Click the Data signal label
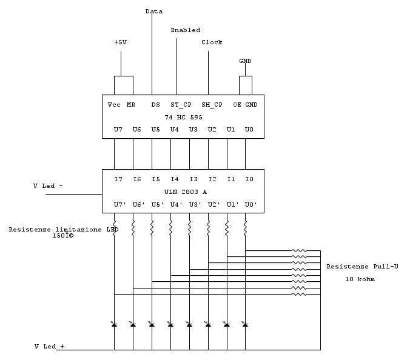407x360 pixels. point(154,11)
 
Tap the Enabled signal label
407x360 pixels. point(185,30)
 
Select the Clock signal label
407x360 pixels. point(212,42)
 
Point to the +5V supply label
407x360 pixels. point(121,42)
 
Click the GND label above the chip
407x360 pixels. point(245,61)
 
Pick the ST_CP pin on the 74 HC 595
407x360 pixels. point(181,104)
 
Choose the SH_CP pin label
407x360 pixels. point(212,104)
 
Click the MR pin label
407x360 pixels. point(130,104)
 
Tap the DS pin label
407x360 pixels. point(155,104)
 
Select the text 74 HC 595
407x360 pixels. point(183,117)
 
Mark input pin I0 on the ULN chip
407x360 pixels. point(249,179)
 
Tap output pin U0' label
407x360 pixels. point(251,205)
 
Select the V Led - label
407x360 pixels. point(48,186)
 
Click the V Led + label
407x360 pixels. point(49,346)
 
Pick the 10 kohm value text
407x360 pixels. point(360,279)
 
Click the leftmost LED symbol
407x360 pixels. point(114,325)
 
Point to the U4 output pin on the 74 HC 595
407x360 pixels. point(174,130)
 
